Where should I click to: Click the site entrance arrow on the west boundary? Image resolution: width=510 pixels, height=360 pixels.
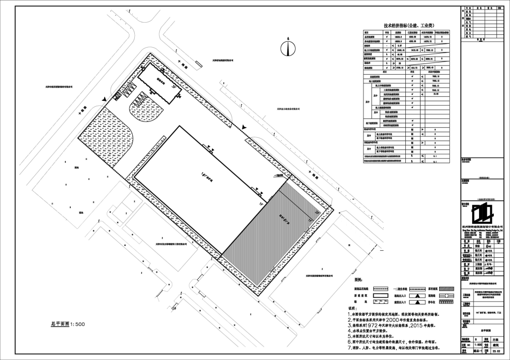pos(103,100)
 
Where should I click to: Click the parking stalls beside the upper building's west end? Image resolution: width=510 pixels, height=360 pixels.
pos(127,90)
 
